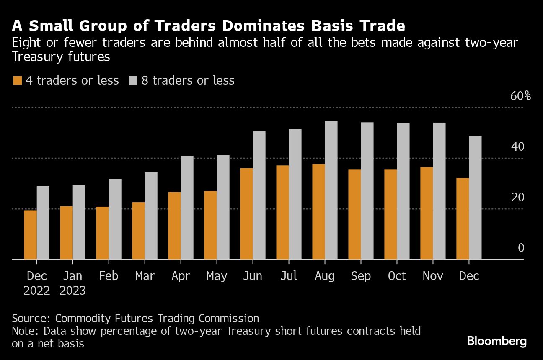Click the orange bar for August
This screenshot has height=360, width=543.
(x=318, y=211)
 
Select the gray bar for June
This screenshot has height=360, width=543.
(x=259, y=195)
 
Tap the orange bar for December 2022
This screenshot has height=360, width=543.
(x=31, y=234)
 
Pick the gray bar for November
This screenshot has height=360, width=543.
(x=439, y=191)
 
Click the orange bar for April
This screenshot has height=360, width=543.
(x=175, y=226)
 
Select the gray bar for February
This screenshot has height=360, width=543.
(x=115, y=219)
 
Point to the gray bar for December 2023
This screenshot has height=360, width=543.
(x=475, y=198)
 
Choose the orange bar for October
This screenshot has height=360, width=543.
(x=390, y=214)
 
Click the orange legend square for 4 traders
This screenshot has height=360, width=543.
(x=17, y=80)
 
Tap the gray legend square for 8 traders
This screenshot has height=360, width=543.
(x=133, y=80)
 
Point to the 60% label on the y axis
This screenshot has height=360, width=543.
(x=520, y=96)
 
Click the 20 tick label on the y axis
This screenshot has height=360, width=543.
(x=517, y=197)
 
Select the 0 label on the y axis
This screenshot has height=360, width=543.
(x=521, y=248)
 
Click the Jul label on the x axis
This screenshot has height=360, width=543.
(x=289, y=276)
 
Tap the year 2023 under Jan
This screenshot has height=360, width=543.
(x=73, y=290)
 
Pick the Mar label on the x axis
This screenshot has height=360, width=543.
(x=145, y=276)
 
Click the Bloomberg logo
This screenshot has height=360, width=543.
(x=496, y=341)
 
